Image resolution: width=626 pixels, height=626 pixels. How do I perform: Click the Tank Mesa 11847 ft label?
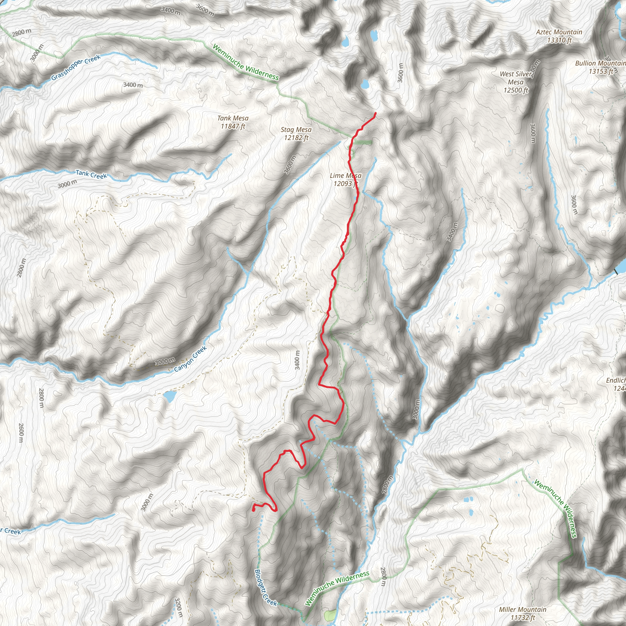click(x=233, y=123)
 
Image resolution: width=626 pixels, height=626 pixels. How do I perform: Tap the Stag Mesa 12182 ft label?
click(x=296, y=134)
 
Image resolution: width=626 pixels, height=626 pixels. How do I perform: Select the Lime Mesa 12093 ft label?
click(x=345, y=179)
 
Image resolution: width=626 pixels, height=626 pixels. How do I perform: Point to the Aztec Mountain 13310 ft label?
click(x=559, y=36)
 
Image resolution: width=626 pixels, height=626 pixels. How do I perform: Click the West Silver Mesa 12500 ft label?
click(x=516, y=82)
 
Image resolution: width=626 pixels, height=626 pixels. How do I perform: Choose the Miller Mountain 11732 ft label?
click(x=522, y=613)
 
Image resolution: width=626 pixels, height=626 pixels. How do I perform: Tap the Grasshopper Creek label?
click(x=76, y=67)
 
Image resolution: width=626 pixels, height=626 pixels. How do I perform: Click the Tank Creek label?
click(x=91, y=174)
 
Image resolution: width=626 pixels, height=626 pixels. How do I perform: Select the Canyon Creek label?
click(x=190, y=359)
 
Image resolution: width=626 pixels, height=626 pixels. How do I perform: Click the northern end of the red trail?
click(x=375, y=113)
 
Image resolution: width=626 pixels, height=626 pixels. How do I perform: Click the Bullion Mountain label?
click(x=600, y=67)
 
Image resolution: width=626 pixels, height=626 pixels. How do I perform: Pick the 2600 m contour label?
click(x=21, y=433)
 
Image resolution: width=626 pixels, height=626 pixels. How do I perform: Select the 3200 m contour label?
click(x=179, y=607)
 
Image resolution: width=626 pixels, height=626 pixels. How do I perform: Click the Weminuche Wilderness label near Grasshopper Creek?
click(x=245, y=62)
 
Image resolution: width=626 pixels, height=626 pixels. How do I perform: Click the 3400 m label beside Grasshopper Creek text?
click(x=133, y=85)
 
